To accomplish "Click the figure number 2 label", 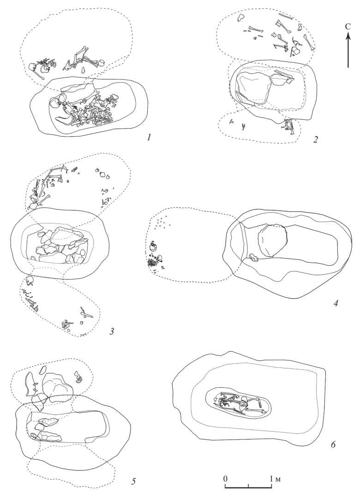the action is click(x=316, y=139).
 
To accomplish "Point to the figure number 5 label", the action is click(x=133, y=482).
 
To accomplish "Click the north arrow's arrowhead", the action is click(x=348, y=38).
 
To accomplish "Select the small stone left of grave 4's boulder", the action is click(x=253, y=258).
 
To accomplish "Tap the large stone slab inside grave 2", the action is click(x=254, y=88).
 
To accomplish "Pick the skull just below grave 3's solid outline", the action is click(x=29, y=280).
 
